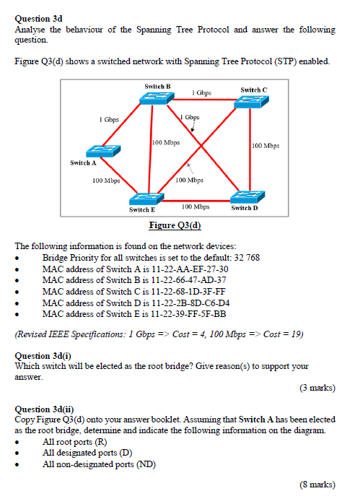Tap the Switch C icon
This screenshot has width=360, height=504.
click(250, 103)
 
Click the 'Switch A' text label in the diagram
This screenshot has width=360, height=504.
click(83, 162)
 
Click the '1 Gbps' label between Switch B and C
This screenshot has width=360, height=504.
click(202, 93)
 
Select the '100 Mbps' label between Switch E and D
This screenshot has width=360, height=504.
click(196, 206)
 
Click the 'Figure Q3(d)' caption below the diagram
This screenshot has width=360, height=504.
click(175, 225)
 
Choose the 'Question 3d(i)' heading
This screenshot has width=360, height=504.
click(43, 356)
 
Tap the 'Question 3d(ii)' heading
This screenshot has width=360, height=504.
click(44, 409)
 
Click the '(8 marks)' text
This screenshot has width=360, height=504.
click(317, 484)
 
